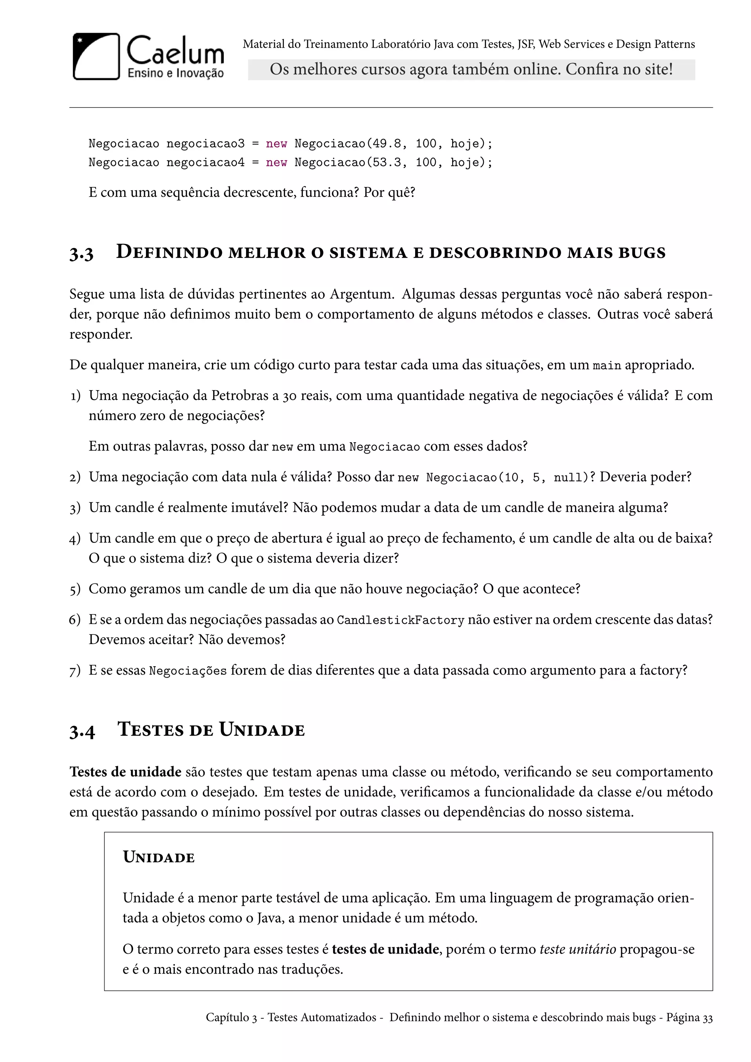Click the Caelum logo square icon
(x=96, y=56)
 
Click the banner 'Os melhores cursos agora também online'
(x=471, y=69)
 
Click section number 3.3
(x=81, y=253)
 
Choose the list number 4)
(x=75, y=539)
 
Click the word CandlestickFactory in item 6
(x=400, y=620)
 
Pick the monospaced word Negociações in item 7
(x=188, y=671)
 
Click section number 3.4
(x=82, y=731)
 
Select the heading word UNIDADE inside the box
(x=159, y=857)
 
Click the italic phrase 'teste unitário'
(x=578, y=949)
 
